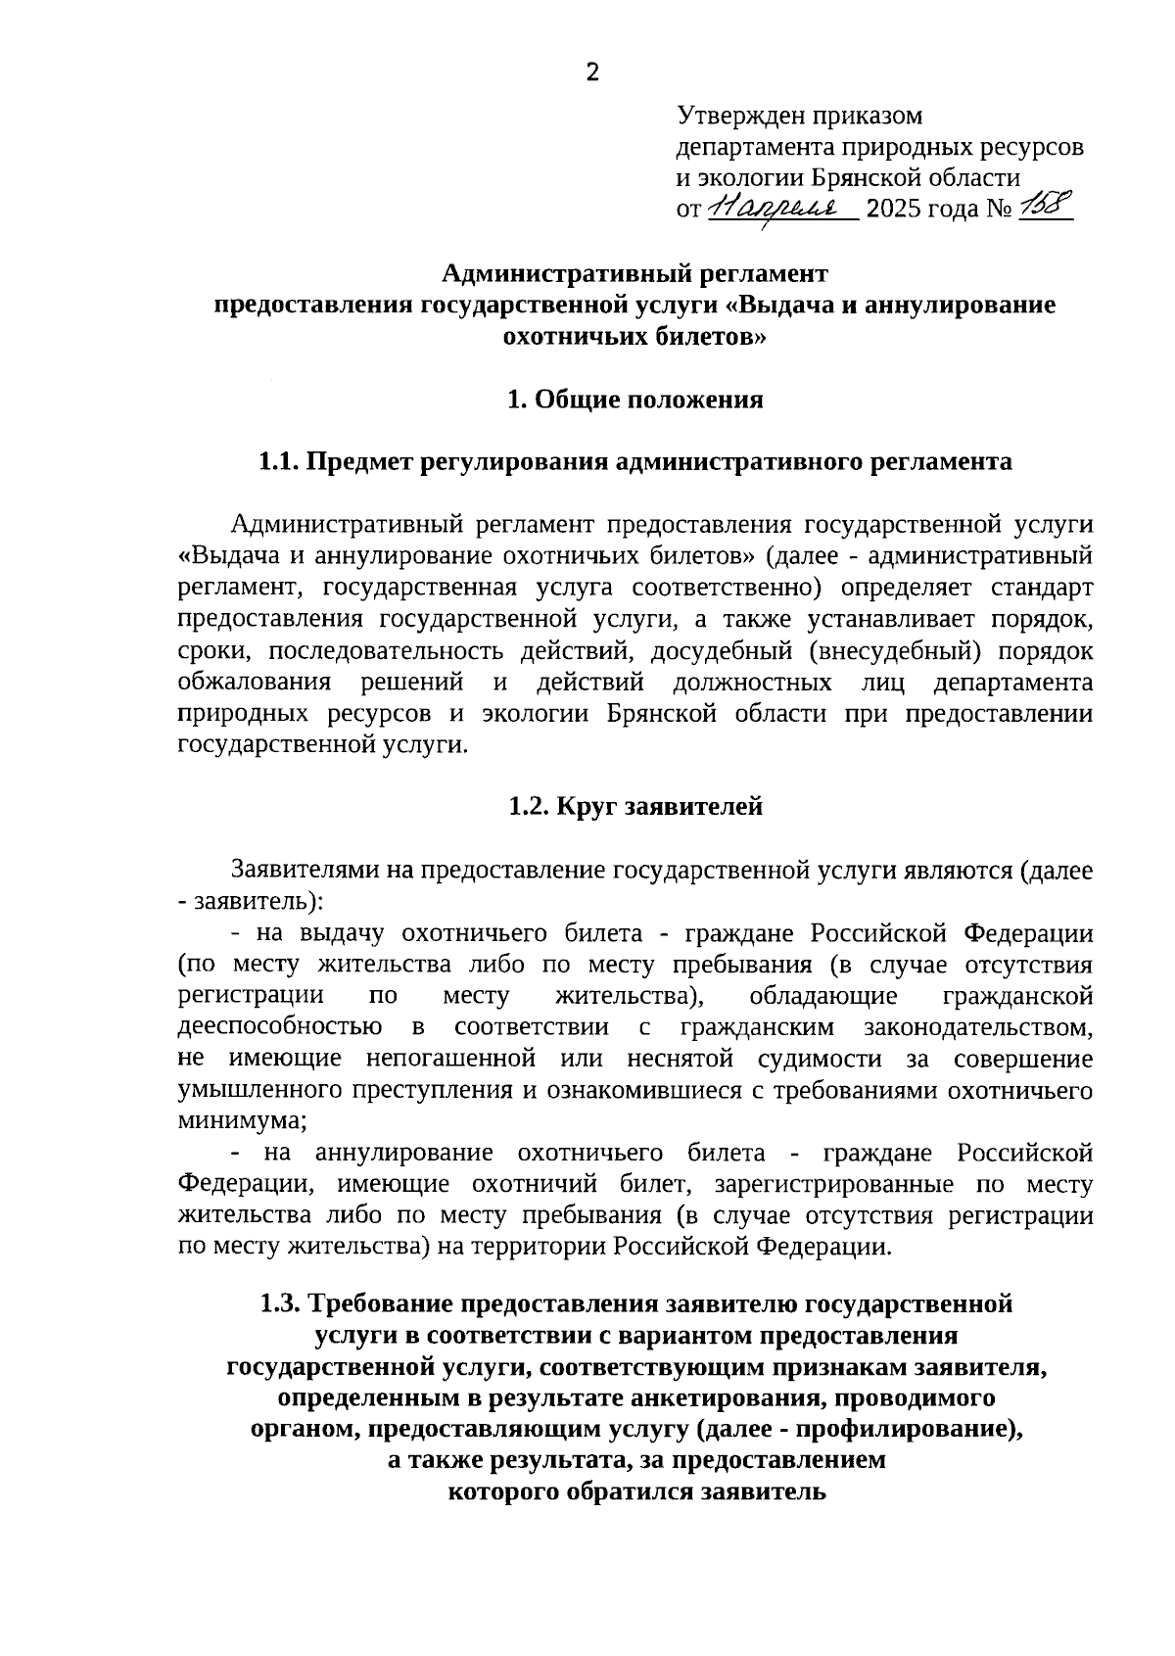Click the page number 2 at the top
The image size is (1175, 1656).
(591, 71)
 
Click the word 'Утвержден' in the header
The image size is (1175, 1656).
(740, 117)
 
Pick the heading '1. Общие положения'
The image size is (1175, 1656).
(634, 400)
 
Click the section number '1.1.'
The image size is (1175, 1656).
(278, 461)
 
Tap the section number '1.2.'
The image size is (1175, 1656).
(531, 806)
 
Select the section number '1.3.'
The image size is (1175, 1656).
(281, 1303)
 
